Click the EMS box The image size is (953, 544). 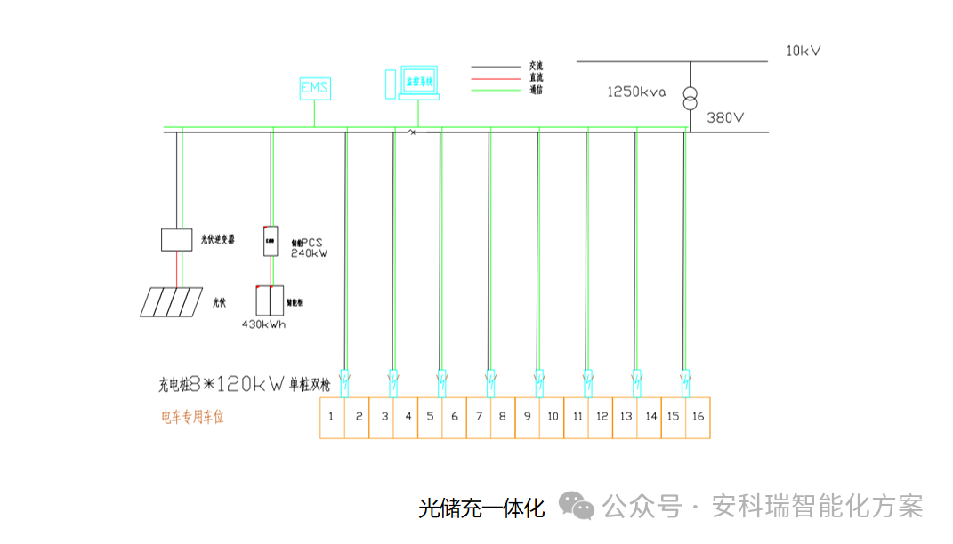pyautogui.click(x=314, y=87)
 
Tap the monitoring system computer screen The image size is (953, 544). pyautogui.click(x=419, y=81)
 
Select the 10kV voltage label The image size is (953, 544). pyautogui.click(x=803, y=51)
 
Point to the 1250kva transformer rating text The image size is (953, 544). pyautogui.click(x=636, y=92)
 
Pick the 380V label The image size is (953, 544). pyautogui.click(x=725, y=117)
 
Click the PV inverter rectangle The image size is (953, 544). pyautogui.click(x=176, y=239)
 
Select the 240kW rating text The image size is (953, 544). pyautogui.click(x=310, y=253)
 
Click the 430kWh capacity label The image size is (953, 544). pyautogui.click(x=263, y=324)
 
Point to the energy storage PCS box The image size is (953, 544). pyautogui.click(x=270, y=241)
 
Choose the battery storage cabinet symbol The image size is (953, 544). pyautogui.click(x=270, y=300)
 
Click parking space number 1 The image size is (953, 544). pyautogui.click(x=331, y=416)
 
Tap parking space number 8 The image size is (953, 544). pyautogui.click(x=503, y=416)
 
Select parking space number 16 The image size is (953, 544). pyautogui.click(x=698, y=416)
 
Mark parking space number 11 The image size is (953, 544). pyautogui.click(x=577, y=416)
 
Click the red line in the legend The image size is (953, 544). pyautogui.click(x=495, y=78)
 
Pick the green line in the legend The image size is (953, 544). pyautogui.click(x=495, y=90)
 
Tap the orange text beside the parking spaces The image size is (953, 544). pyautogui.click(x=192, y=416)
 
